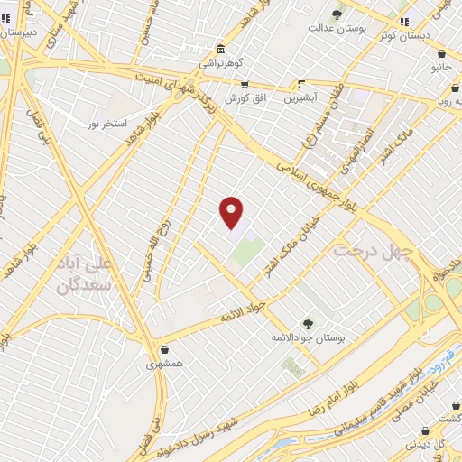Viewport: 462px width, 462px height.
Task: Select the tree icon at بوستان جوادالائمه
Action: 309,323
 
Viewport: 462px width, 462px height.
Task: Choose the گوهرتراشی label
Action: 221,64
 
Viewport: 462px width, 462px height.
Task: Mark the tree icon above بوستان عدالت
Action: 337,14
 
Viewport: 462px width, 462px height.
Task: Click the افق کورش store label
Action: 245,97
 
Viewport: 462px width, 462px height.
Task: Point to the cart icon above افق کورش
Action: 245,84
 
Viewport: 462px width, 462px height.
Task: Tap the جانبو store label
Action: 441,67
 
